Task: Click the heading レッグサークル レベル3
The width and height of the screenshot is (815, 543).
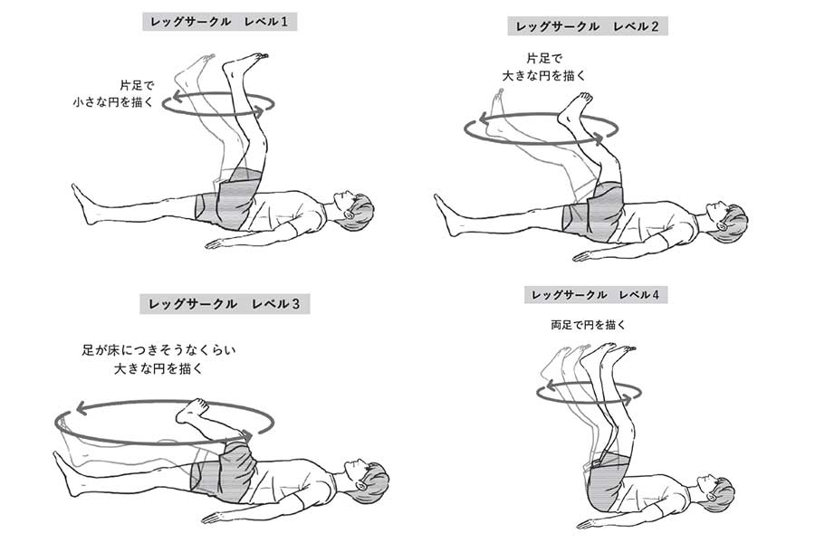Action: click(225, 304)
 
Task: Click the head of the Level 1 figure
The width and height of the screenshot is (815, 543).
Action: click(353, 210)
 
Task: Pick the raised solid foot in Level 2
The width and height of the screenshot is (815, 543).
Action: click(573, 110)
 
